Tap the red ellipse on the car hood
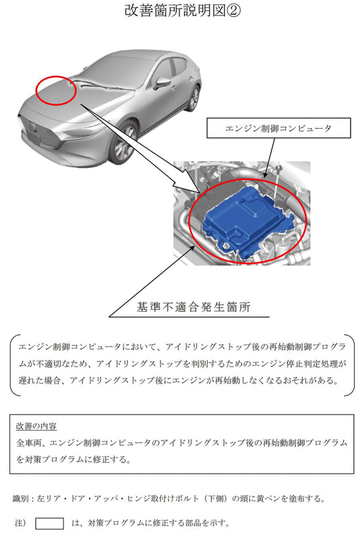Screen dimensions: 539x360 pos(55,90)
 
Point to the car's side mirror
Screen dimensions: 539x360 pos(161,84)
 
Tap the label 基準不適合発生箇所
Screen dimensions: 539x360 pos(193,307)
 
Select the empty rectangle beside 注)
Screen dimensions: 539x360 pos(49,524)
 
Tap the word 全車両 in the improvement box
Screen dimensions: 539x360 pos(28,444)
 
